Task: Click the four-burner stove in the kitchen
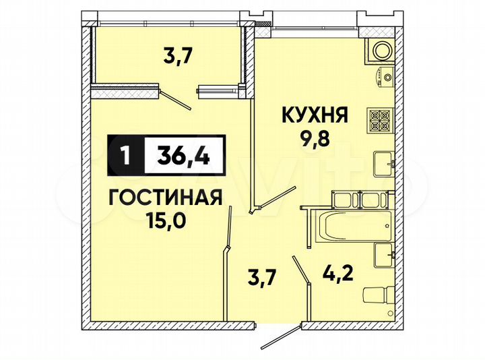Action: tap(378, 121)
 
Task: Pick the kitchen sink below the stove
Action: tap(383, 162)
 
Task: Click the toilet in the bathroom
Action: tap(377, 296)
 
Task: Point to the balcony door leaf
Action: tap(176, 97)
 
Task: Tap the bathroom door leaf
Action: tap(300, 270)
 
